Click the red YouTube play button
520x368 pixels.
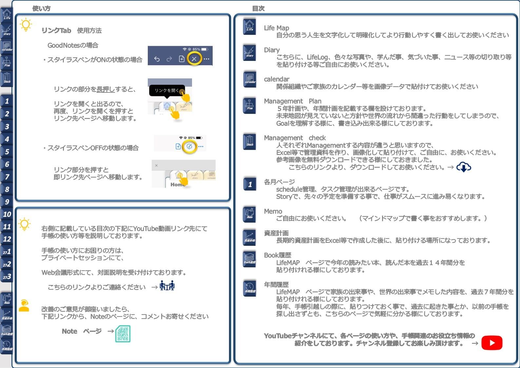click(492, 343)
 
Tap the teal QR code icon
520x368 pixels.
click(123, 334)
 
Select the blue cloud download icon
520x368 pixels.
click(464, 167)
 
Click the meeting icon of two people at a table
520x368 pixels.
click(167, 286)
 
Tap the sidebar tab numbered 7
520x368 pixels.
click(7, 177)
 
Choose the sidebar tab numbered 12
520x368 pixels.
click(7, 239)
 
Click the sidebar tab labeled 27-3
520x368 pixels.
click(7, 277)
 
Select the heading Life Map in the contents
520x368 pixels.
click(277, 28)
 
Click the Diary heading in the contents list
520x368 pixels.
click(272, 50)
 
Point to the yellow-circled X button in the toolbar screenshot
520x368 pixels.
click(194, 59)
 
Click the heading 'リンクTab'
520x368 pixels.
click(56, 30)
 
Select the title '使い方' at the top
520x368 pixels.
click(41, 9)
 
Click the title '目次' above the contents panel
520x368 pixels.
click(258, 9)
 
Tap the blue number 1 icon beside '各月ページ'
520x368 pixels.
click(250, 184)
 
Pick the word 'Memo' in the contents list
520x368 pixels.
click(273, 211)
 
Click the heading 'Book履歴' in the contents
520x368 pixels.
click(278, 255)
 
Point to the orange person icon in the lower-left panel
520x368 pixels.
click(24, 305)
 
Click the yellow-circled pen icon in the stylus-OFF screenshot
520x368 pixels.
click(189, 146)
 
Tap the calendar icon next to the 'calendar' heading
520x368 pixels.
click(250, 79)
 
